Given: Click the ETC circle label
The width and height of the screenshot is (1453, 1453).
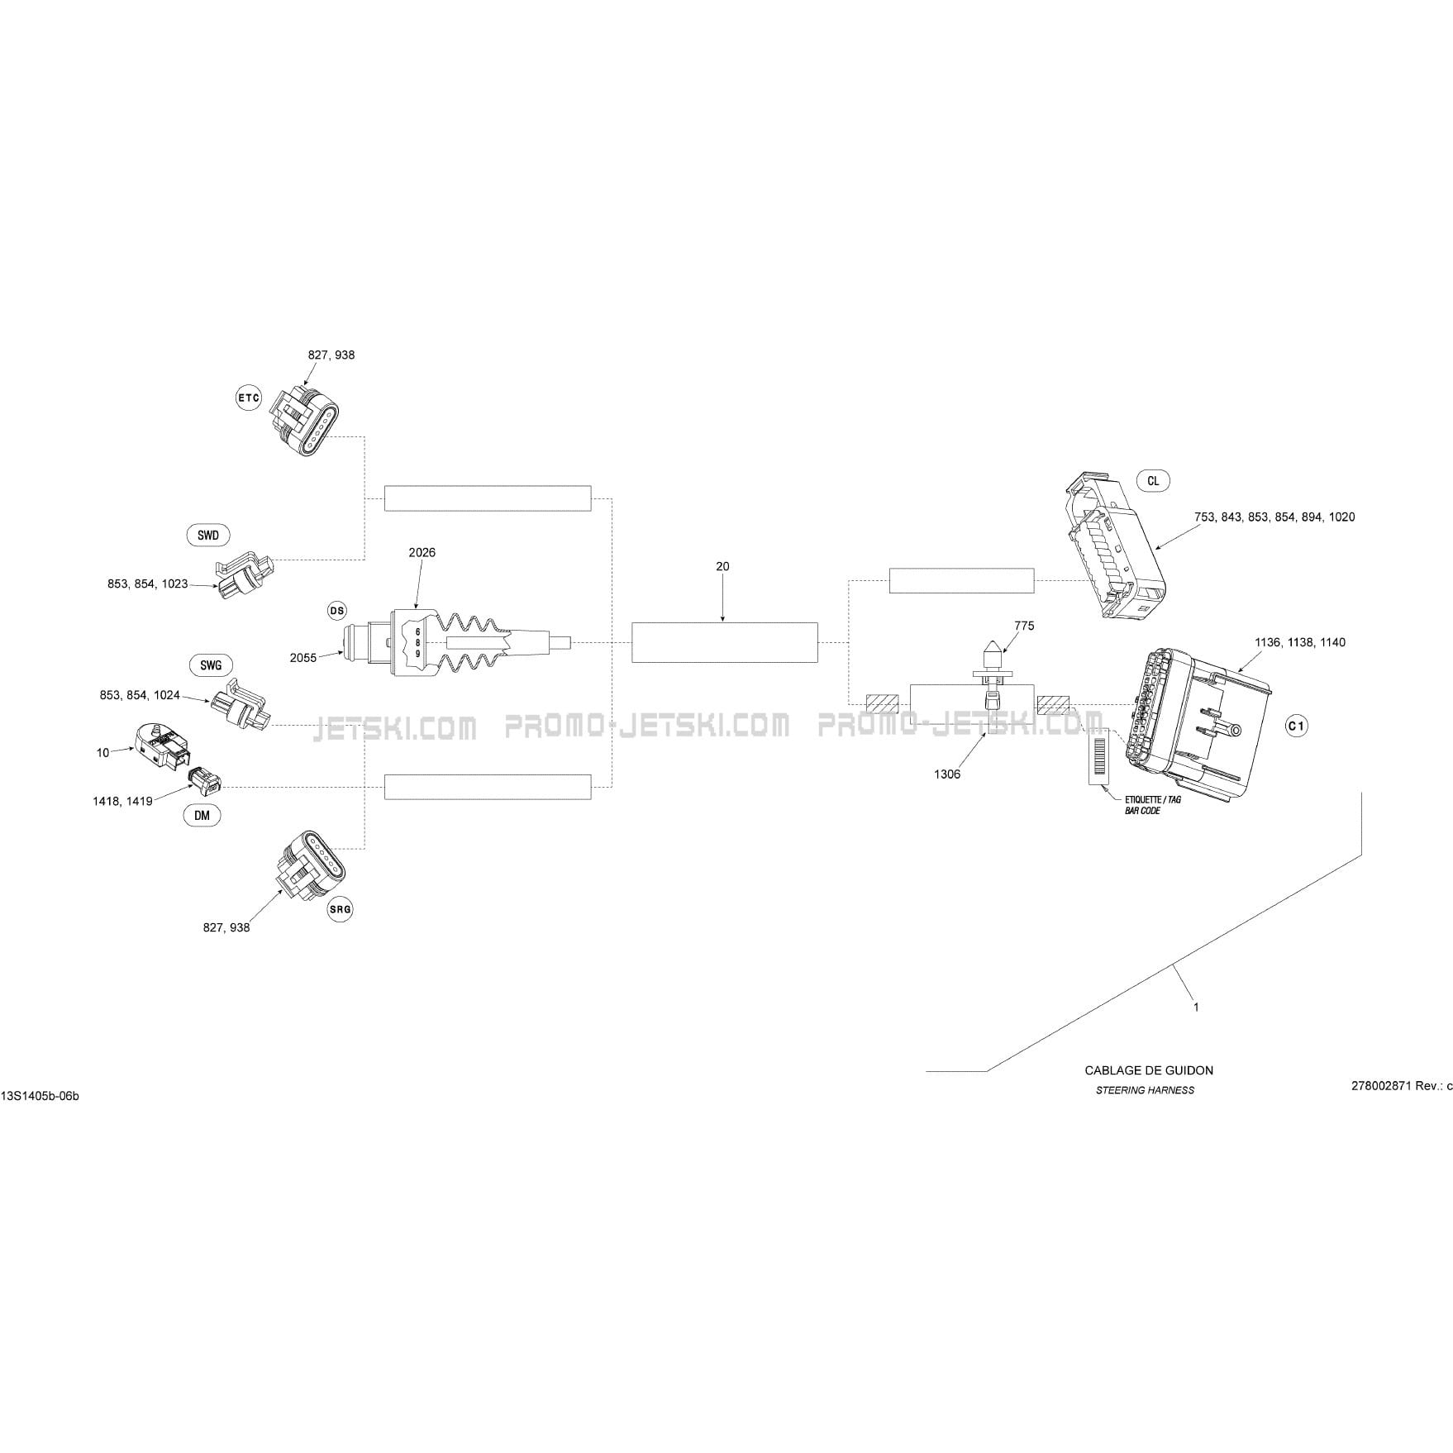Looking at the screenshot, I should pos(249,398).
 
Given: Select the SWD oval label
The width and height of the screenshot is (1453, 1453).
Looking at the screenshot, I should pos(208,536).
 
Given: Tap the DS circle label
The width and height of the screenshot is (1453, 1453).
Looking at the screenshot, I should pos(336,611).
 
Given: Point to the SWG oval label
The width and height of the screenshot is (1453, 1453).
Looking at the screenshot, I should pos(211,665).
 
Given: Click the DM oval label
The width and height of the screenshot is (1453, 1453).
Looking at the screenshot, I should pos(202,815).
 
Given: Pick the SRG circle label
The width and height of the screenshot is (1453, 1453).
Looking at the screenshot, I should pos(340,909).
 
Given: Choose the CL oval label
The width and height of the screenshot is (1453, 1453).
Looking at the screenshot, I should pos(1153,481).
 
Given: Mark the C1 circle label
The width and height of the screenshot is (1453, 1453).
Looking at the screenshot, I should pos(1297,726).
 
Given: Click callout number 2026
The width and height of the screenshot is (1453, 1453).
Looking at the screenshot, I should pos(422,552).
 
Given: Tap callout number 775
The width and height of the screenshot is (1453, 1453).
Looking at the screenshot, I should pos(1023,626).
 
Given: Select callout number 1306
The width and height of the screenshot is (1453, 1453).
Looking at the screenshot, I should pos(947,774).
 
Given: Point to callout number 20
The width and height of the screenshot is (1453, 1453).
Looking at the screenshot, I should pos(722,566).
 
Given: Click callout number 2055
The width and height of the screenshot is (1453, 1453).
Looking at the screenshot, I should pos(303,658).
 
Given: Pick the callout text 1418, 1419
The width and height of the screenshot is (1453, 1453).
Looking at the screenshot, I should pos(122,801).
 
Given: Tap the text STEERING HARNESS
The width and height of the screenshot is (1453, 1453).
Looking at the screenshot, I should pos(1145,1090).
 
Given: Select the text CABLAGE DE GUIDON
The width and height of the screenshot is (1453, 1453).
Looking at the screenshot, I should pos(1149,1070).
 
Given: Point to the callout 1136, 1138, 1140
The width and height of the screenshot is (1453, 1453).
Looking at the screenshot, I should pos(1299,642).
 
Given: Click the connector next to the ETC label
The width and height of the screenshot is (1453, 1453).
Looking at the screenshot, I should pos(306,422).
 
